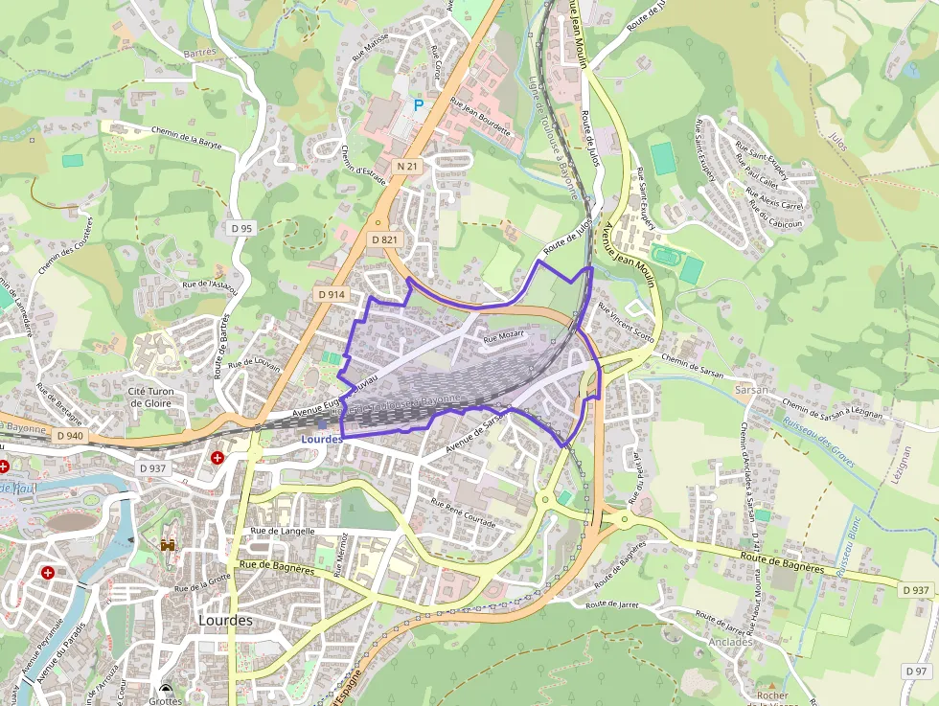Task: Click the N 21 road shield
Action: (x=407, y=166)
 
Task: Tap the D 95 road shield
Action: (x=242, y=228)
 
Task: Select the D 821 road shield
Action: (x=383, y=239)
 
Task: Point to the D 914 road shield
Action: (x=331, y=294)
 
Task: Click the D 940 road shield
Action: (x=71, y=436)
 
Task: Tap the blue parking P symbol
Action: (x=418, y=103)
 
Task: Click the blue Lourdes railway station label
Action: (x=321, y=439)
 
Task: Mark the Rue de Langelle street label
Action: (x=282, y=530)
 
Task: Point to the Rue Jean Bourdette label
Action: (x=480, y=116)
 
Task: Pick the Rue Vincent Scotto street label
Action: (x=626, y=324)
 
